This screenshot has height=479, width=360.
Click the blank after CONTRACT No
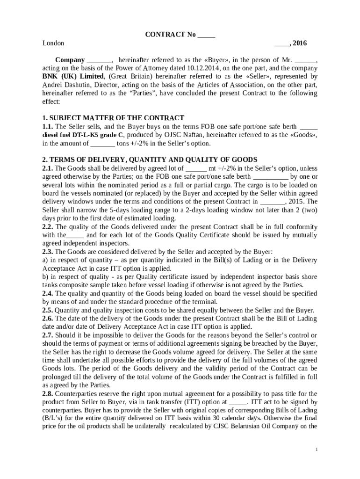[206, 35]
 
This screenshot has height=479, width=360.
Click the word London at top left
[53, 44]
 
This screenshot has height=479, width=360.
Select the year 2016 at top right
[300, 44]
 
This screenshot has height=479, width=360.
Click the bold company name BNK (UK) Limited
[72, 76]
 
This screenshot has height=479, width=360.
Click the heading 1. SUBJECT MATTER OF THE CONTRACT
[113, 118]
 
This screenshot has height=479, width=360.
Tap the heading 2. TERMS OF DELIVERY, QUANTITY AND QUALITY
[150, 160]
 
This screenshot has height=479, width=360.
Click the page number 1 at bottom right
[317, 450]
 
